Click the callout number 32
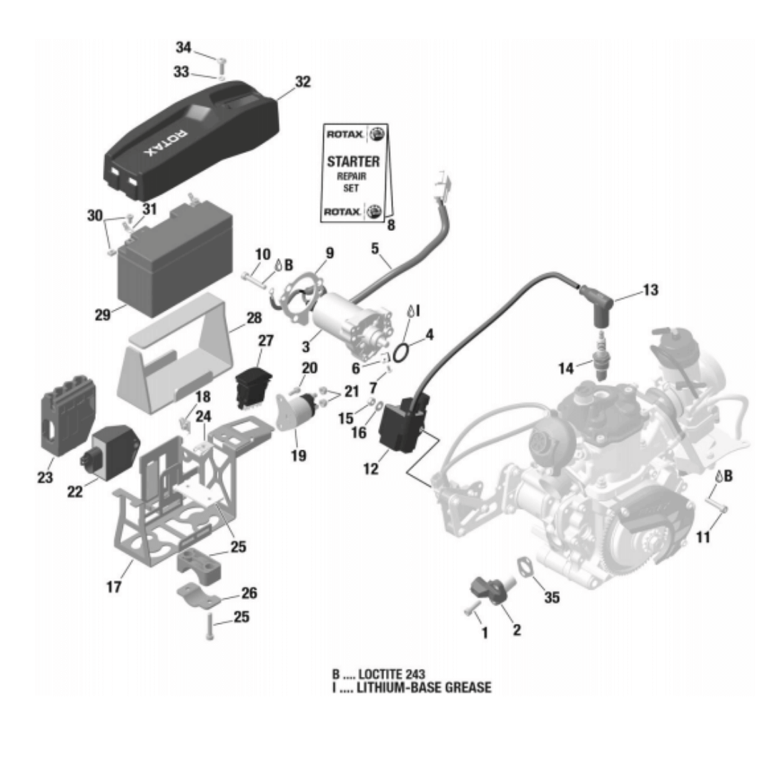(x=302, y=81)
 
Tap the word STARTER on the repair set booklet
(x=353, y=162)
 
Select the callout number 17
(x=114, y=587)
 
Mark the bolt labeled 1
(x=471, y=609)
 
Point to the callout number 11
(x=703, y=536)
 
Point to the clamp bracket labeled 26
(x=199, y=597)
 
